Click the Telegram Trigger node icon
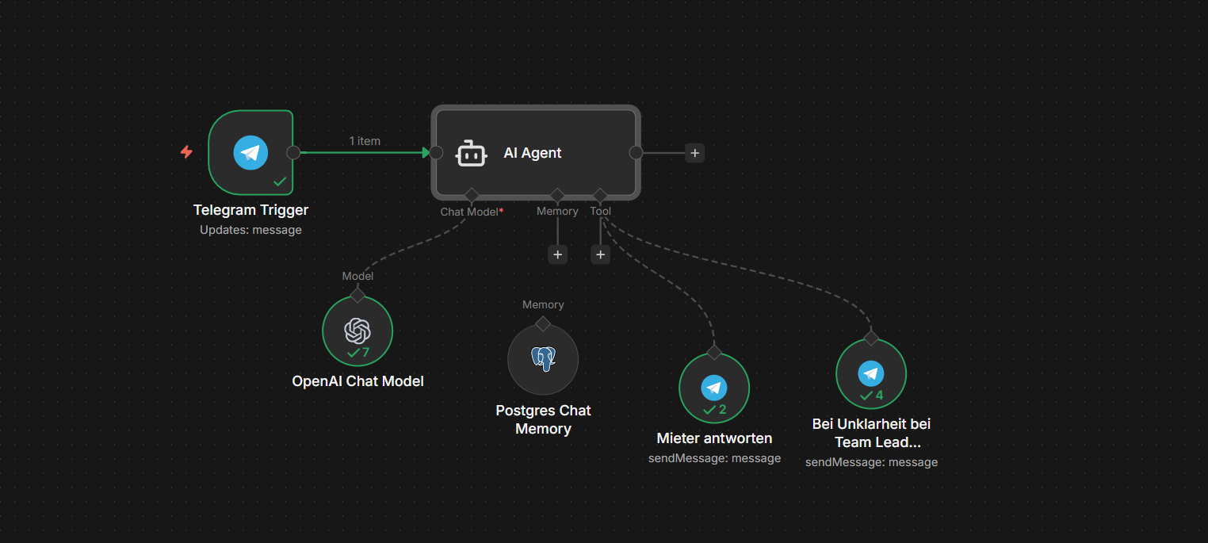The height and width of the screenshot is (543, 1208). [x=250, y=152]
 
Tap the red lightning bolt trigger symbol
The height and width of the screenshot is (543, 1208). [x=186, y=151]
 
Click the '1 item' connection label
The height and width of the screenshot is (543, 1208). [x=365, y=141]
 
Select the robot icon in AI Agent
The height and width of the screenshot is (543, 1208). [x=471, y=153]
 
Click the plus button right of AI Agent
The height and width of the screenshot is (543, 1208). [x=694, y=153]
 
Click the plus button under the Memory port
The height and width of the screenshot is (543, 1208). [x=558, y=254]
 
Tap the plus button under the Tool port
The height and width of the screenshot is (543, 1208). [x=600, y=254]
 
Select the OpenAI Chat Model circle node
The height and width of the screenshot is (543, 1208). [x=357, y=331]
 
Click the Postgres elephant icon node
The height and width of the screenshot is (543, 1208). [x=543, y=359]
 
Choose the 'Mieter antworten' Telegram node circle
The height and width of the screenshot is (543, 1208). [x=714, y=388]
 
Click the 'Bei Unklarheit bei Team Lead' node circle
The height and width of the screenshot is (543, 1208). [x=871, y=374]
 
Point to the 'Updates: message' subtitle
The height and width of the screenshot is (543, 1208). [x=250, y=230]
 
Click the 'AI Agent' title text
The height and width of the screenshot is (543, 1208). [x=533, y=153]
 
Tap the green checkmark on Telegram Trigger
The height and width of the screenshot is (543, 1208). [x=280, y=182]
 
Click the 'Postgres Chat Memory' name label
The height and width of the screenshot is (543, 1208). [x=543, y=419]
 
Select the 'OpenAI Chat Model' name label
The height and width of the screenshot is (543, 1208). [x=357, y=381]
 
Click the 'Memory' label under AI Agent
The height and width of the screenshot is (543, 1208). [x=557, y=212]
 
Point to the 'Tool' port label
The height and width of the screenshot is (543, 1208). [x=600, y=212]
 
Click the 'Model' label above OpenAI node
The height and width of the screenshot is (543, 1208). [x=357, y=276]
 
